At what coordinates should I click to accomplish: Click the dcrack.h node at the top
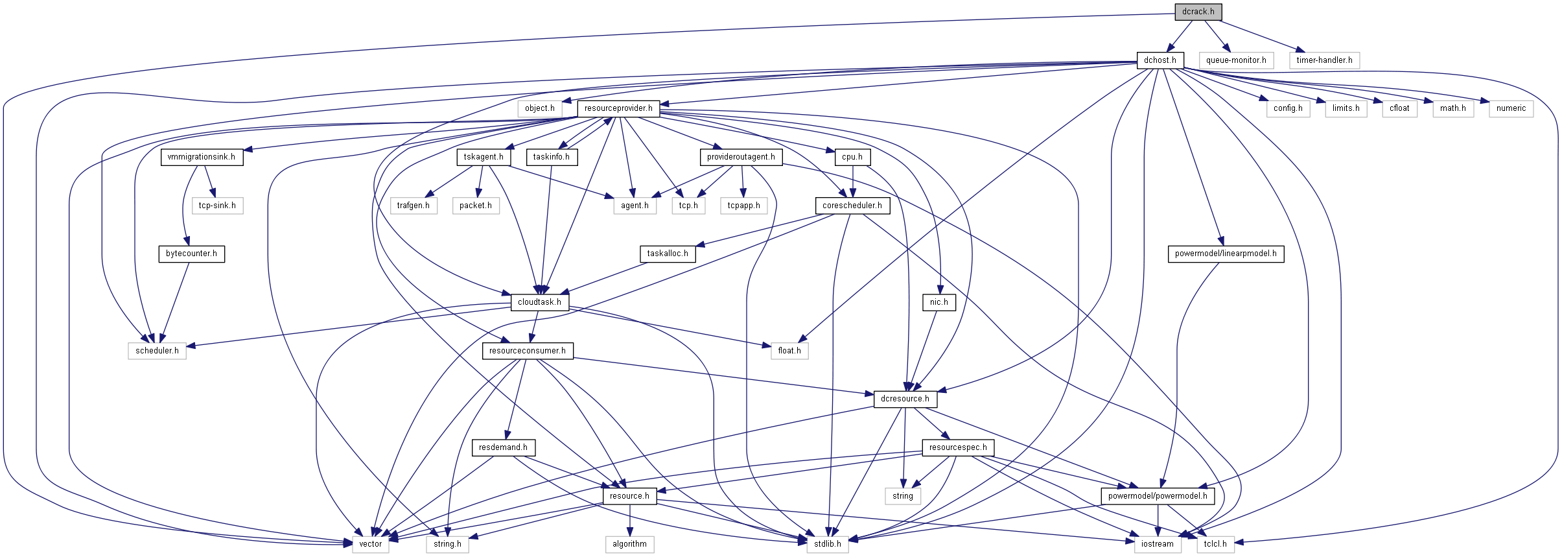coord(1198,12)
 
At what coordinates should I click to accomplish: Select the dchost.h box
coord(1160,60)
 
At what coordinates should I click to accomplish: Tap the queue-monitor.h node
coord(1236,60)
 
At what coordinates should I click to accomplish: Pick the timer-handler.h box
coord(1324,60)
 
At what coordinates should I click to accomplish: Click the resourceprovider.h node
coord(618,108)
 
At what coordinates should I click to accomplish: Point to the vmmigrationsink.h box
coord(202,157)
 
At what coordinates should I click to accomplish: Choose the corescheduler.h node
coord(852,206)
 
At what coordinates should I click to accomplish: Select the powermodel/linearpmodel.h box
coord(1226,254)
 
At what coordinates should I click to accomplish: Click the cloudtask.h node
coord(539,302)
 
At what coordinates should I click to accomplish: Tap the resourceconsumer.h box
coord(527,351)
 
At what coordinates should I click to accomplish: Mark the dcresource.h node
coord(905,399)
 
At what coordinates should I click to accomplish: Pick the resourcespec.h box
coord(958,447)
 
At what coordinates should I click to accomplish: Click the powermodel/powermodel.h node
coord(1158,496)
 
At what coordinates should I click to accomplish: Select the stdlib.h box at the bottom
coord(828,544)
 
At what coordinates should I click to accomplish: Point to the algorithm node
coord(629,544)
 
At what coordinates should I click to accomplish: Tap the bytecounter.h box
coord(191,254)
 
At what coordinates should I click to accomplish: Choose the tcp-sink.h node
coord(217,206)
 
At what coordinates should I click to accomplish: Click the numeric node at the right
coord(1511,108)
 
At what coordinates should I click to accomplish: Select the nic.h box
coord(938,302)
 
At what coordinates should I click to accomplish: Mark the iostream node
coord(1157,544)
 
